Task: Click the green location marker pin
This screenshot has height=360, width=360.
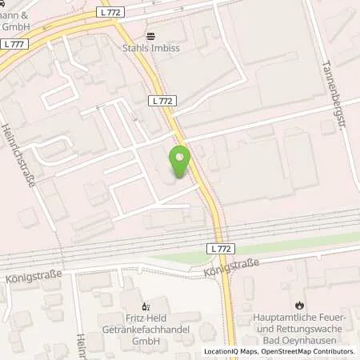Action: click(180, 162)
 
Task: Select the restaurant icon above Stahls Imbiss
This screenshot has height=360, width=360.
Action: click(150, 36)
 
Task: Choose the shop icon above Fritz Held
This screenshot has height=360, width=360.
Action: click(145, 305)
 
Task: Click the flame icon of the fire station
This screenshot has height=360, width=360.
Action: click(300, 305)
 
